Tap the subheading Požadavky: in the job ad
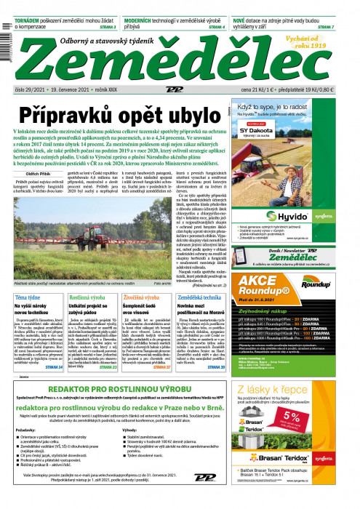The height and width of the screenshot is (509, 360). [x=25, y=450]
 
